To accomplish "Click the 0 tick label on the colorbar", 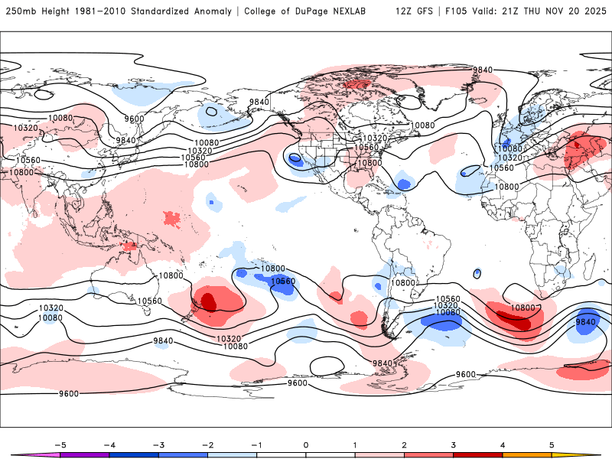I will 305,444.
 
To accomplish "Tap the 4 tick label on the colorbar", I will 503,444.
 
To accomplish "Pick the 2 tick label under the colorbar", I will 404,444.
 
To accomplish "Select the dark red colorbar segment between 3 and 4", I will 477,455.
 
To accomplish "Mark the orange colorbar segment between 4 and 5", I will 527,455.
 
